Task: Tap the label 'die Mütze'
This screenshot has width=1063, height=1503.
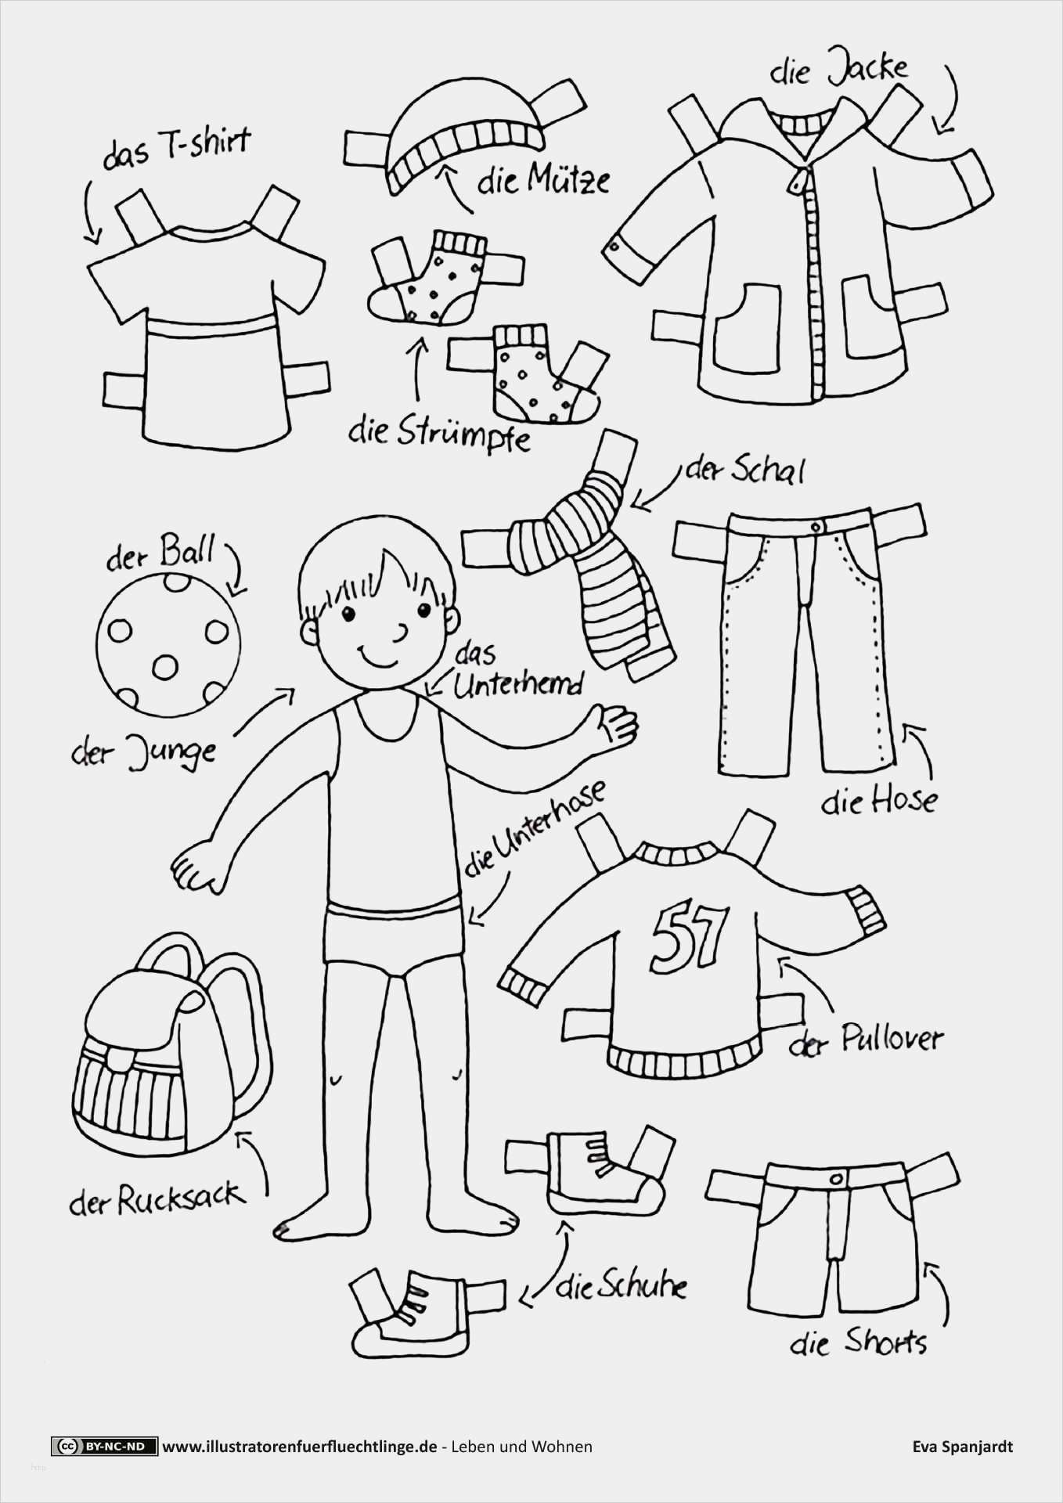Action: point(543,181)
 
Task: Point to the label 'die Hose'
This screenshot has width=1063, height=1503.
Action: point(878,800)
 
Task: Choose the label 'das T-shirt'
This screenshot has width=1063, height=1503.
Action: point(177,149)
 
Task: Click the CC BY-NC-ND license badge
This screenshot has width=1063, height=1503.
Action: point(104,1447)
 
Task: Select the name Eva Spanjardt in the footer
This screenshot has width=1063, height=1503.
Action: point(962,1447)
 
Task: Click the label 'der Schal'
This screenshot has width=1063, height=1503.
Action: point(744,470)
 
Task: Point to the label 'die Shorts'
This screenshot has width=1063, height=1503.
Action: point(858,1343)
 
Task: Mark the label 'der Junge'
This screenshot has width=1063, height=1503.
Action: point(142,753)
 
